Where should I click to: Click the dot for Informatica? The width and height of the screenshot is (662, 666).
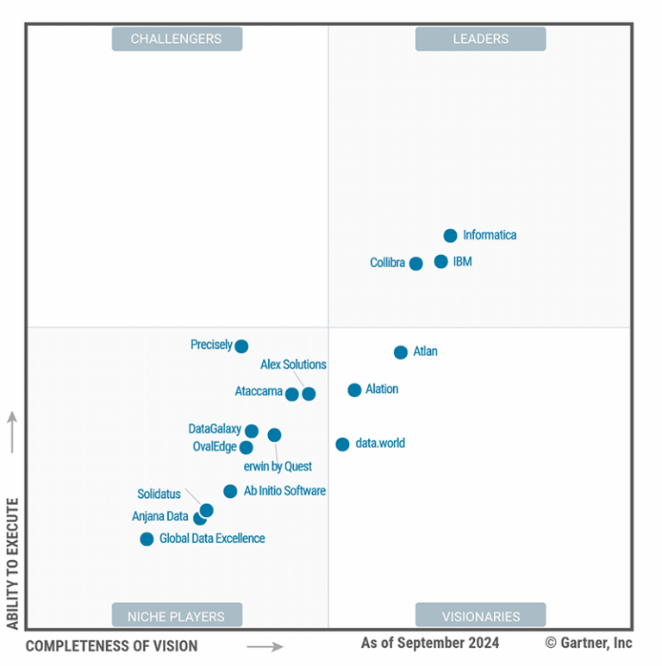tap(450, 235)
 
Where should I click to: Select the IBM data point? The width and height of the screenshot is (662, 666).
tap(441, 261)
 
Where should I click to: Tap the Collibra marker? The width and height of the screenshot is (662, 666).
tap(415, 264)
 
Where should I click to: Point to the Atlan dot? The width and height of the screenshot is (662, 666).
tap(401, 352)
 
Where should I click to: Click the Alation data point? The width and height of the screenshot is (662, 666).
tap(354, 390)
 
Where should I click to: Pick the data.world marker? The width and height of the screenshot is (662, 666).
tap(342, 445)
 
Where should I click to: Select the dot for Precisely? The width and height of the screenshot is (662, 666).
tap(241, 346)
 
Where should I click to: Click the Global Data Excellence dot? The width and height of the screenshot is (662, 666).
tap(147, 539)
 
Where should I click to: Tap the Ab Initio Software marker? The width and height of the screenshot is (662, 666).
tap(230, 491)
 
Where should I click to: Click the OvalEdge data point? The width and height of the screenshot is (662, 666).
tap(247, 447)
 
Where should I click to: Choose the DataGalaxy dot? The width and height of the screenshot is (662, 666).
tap(251, 431)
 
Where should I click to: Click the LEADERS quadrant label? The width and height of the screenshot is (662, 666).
tap(480, 39)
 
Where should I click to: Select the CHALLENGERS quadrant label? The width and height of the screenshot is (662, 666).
tap(177, 39)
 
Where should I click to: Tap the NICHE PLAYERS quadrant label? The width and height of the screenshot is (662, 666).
tap(177, 615)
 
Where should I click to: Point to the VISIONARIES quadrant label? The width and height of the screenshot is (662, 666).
tap(480, 615)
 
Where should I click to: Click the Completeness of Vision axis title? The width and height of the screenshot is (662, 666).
tap(111, 645)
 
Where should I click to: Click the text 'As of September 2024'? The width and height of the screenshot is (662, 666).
tap(429, 643)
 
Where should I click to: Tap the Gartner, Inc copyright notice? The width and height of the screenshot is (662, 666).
tap(589, 643)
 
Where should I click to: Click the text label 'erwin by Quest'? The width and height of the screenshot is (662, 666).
tap(278, 466)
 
